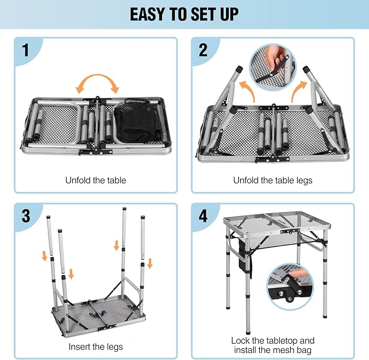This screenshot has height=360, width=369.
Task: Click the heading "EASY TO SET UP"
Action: point(184,14)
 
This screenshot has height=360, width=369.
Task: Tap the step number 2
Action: point(203,51)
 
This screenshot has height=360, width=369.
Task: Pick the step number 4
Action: point(203,216)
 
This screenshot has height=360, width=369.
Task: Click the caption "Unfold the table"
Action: point(96,180)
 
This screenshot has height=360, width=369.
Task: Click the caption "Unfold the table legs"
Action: point(273,180)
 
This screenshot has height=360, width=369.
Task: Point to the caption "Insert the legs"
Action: point(96,346)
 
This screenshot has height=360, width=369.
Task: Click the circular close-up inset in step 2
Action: point(272,69)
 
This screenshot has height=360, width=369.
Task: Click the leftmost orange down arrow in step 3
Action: point(45,255)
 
